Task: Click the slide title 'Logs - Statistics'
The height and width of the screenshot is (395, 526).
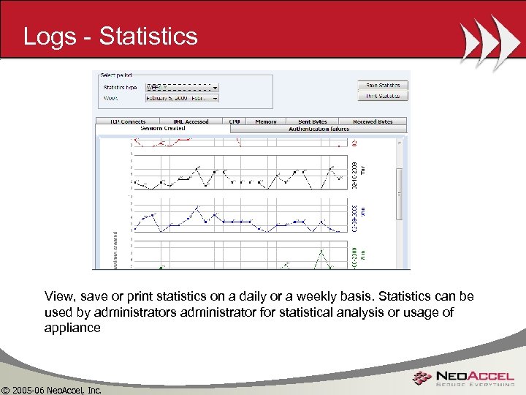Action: pyautogui.click(x=110, y=37)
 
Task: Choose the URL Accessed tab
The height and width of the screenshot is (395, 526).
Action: pyautogui.click(x=191, y=121)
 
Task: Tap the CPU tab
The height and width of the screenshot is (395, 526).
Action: pyautogui.click(x=235, y=121)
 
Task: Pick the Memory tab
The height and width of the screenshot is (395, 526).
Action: pyautogui.click(x=266, y=121)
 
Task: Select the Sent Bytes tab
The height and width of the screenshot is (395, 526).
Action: pyautogui.click(x=312, y=121)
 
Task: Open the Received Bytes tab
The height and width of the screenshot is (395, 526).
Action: pyautogui.click(x=373, y=121)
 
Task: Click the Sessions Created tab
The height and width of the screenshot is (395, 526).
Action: pyautogui.click(x=162, y=128)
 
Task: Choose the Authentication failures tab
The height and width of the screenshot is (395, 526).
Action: pyautogui.click(x=319, y=128)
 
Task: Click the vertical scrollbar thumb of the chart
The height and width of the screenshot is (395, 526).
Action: pyautogui.click(x=399, y=193)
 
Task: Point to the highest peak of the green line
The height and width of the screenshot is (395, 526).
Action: pyautogui.click(x=319, y=252)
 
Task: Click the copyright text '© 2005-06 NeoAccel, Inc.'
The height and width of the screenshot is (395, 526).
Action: pyautogui.click(x=51, y=389)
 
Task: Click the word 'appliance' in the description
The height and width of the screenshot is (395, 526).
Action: pyautogui.click(x=72, y=328)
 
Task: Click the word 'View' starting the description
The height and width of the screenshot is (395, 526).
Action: pyautogui.click(x=58, y=297)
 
